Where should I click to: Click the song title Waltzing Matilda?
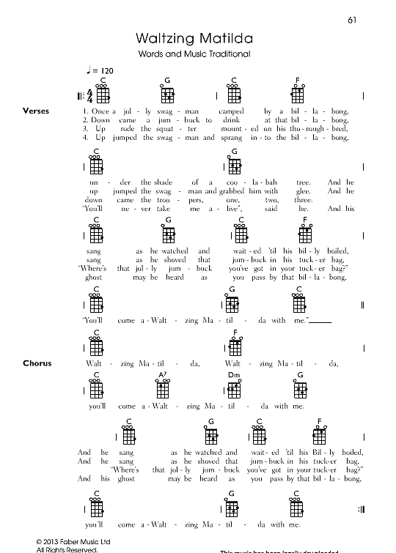point(194,38)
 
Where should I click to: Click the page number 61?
point(351,20)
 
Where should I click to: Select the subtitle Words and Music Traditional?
point(194,54)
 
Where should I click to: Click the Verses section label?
point(36,111)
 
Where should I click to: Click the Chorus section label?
point(37,363)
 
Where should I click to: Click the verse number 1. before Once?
point(85,111)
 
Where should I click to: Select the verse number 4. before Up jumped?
point(85,137)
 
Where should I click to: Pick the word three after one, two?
point(303,199)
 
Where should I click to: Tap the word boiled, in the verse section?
point(335,251)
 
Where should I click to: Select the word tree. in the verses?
point(301,182)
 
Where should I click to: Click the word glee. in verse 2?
point(303,190)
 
